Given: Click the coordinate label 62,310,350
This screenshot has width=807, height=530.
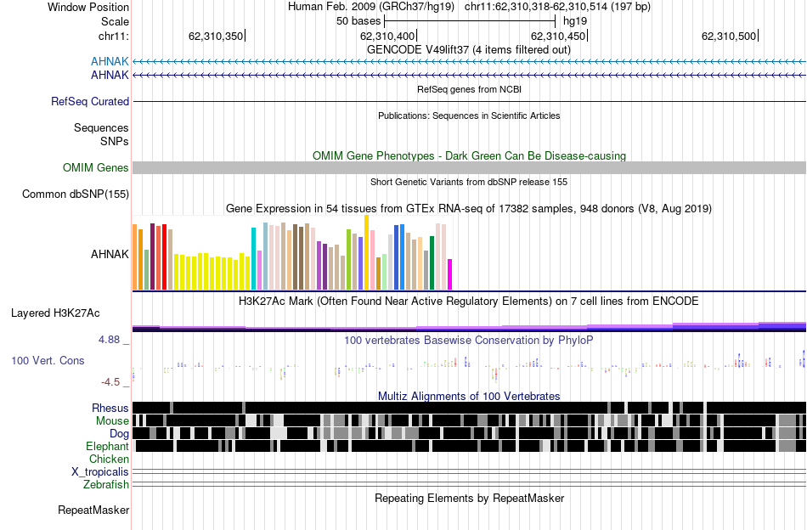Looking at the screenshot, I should (x=216, y=36).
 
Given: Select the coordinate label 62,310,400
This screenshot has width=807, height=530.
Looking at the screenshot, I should (x=388, y=36).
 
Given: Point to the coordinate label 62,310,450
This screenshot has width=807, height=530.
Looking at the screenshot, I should (x=558, y=36).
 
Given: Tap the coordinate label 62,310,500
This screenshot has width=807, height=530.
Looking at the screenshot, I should (x=729, y=36).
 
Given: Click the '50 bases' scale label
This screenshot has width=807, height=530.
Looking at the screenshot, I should (x=358, y=20).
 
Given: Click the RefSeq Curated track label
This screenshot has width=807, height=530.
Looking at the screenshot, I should (x=90, y=101).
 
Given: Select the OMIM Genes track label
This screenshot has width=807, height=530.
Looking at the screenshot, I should (x=96, y=168).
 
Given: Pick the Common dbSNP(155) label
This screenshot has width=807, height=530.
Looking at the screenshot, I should (x=76, y=195).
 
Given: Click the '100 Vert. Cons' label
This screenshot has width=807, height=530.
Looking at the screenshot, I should (x=48, y=360).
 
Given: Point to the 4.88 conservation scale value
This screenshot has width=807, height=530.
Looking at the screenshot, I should (x=114, y=340).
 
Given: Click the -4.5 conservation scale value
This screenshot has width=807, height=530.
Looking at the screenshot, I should (x=116, y=382).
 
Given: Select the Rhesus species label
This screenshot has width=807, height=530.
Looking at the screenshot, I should (x=110, y=409).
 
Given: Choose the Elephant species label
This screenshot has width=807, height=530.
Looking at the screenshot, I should (x=107, y=447).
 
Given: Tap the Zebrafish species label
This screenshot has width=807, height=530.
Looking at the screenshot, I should (x=106, y=485).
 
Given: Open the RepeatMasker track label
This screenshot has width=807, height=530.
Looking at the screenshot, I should (x=93, y=510).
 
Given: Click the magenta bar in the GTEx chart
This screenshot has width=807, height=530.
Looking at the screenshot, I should (x=450, y=274).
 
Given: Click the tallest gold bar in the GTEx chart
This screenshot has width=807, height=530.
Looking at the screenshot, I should (x=367, y=252).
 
